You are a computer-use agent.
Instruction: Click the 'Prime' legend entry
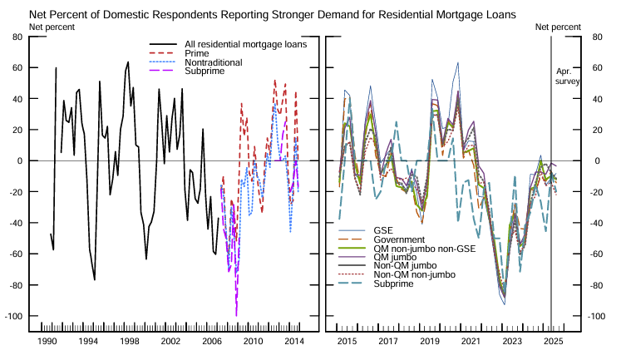tap(197, 53)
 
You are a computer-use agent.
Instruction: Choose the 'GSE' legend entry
tap(383, 229)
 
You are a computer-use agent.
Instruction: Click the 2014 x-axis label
tap(293, 343)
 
